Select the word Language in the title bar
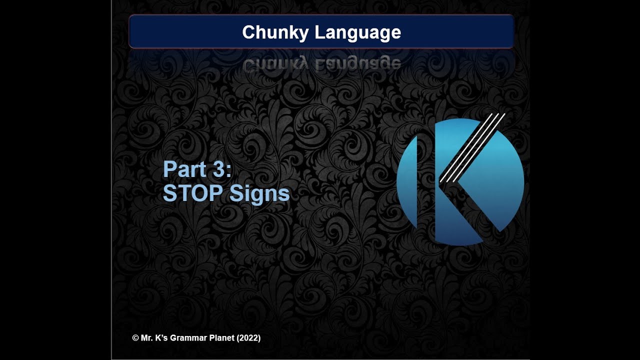(x=358, y=32)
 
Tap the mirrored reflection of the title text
(x=321, y=63)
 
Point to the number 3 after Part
(x=219, y=169)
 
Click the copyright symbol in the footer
(x=135, y=338)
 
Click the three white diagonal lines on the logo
(x=472, y=147)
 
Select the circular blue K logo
(x=460, y=182)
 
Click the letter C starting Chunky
(x=247, y=32)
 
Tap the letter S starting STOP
(x=169, y=194)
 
